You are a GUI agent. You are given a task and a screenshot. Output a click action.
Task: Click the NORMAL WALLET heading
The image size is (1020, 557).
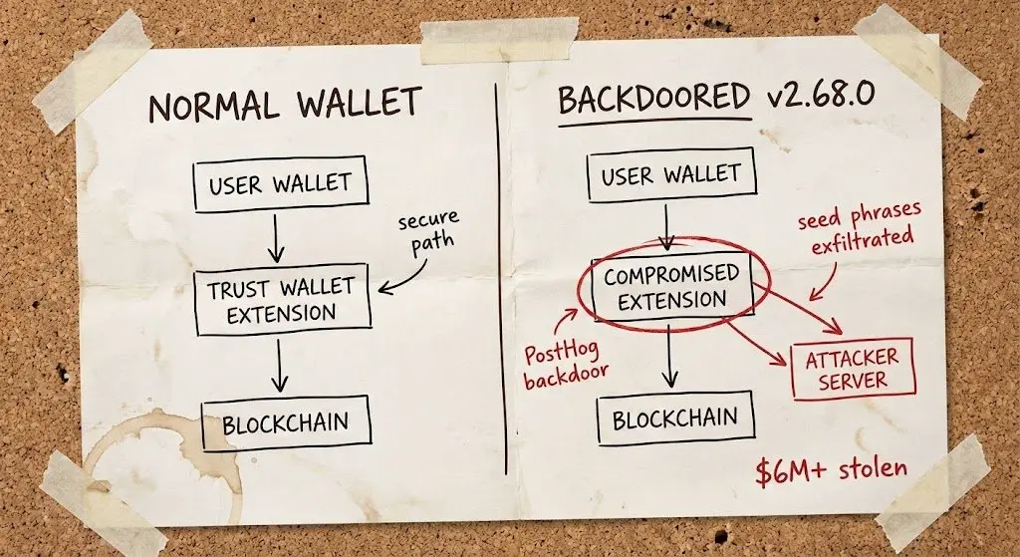(285, 105)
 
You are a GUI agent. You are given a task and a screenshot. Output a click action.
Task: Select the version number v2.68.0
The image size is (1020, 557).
(819, 96)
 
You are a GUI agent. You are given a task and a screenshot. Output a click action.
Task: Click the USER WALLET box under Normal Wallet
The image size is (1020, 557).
(279, 184)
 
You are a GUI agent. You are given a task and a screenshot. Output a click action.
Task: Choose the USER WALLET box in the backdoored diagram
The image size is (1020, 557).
(671, 176)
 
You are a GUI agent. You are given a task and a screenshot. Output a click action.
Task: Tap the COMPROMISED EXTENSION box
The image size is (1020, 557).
(671, 287)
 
